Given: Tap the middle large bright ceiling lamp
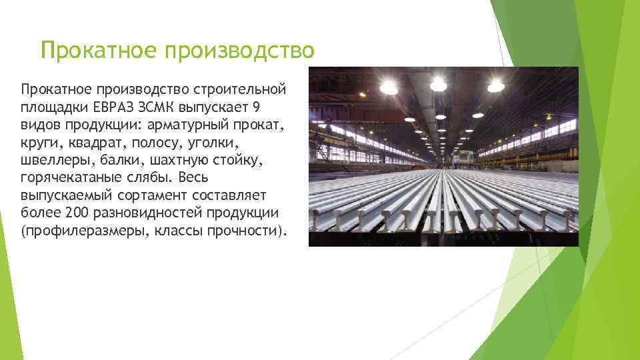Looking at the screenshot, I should (438, 84).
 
